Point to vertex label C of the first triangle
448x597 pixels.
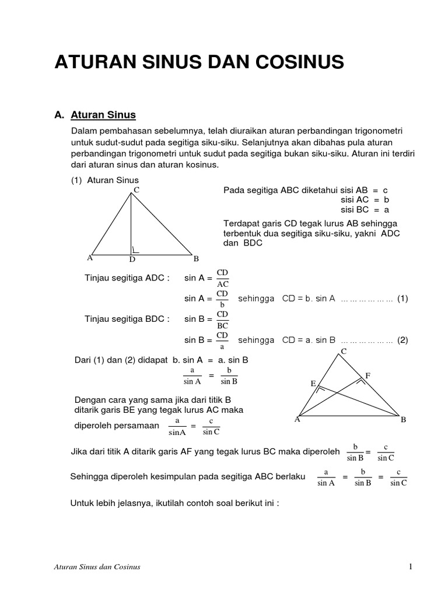pos(136,189)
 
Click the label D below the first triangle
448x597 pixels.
pos(132,259)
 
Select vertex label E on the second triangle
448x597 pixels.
pos(313,383)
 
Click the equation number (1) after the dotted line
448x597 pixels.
pos(402,298)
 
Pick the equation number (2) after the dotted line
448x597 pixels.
pos(402,340)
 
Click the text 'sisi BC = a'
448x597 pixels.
pos(365,210)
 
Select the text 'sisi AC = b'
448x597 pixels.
pos(365,200)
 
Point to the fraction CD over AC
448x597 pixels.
pos(223,278)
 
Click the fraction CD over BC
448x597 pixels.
pos(223,319)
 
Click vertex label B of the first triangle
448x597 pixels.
pos(196,258)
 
